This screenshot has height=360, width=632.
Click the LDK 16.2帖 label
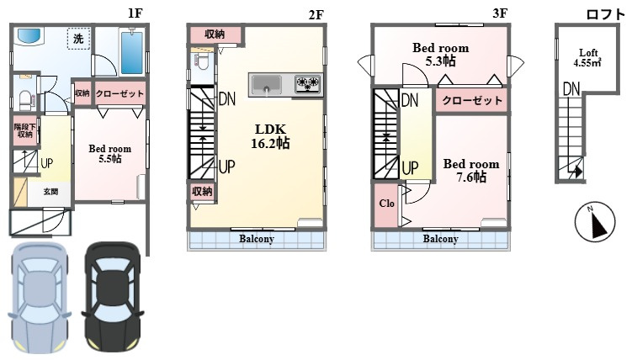click(271, 136)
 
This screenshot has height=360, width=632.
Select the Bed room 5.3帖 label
click(440, 55)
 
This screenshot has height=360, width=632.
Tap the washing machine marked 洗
click(78, 39)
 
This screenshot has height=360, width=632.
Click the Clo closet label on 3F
click(386, 204)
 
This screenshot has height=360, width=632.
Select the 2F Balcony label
click(257, 239)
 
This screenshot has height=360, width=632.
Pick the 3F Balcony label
click(440, 239)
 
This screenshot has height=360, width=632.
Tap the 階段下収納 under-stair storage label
click(24, 130)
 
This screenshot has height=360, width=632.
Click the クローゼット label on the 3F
click(471, 101)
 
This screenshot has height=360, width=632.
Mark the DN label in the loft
click(571, 87)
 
